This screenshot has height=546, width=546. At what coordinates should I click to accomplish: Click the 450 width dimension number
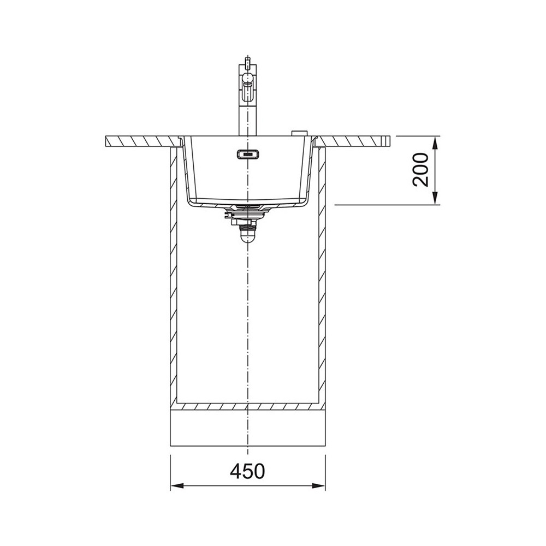coord(247,471)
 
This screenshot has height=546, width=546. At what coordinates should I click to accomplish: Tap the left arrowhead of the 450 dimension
coord(177,485)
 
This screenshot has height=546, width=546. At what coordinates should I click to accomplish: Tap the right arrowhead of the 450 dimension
coord(318,485)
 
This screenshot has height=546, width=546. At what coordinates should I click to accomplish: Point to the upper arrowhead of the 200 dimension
coord(435,143)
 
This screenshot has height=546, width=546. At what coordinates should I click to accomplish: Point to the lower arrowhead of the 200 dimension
coord(435,198)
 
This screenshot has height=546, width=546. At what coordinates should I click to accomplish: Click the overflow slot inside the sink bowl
coord(247,153)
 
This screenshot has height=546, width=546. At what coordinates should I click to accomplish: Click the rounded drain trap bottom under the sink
coord(247,237)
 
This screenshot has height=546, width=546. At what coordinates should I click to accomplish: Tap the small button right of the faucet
coord(299,133)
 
